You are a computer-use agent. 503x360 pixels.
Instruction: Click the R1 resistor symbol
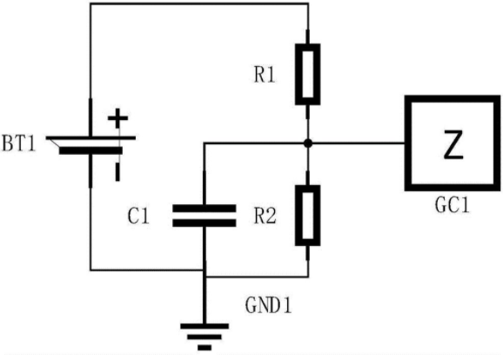[308, 75]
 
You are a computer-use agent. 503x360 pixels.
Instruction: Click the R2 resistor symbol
[308, 216]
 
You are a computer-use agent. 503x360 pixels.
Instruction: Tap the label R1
[265, 76]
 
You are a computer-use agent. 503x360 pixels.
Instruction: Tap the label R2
[265, 216]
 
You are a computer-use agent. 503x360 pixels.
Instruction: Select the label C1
[138, 216]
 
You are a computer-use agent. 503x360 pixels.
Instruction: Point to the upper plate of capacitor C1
[205, 209]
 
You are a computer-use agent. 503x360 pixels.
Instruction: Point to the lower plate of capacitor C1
[205, 223]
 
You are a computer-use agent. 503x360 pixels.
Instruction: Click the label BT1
[18, 143]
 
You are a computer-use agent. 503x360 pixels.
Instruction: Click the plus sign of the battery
[117, 118]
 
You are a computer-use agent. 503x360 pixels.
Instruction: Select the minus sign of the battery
[117, 172]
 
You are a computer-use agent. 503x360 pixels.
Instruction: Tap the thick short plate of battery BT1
[91, 150]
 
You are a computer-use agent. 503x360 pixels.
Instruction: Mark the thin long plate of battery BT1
[91, 138]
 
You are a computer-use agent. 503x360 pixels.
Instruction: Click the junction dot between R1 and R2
[308, 143]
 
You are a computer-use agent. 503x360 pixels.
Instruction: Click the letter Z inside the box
[453, 144]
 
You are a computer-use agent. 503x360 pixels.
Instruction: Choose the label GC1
[452, 204]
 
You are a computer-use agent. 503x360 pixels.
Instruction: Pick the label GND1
[269, 305]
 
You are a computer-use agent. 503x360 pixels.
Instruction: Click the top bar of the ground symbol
[205, 326]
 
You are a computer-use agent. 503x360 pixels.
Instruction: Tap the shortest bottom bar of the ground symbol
[205, 348]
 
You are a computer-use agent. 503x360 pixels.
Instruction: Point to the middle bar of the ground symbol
[205, 337]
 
